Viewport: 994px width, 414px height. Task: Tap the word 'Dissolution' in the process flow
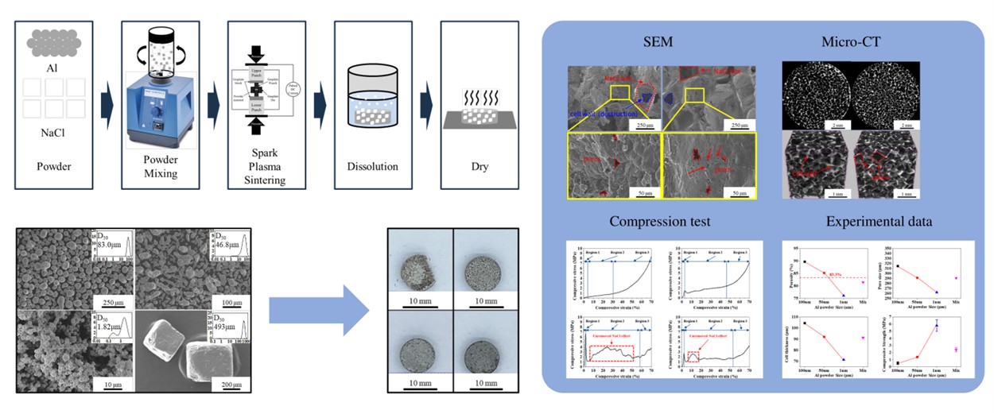pos(372,167)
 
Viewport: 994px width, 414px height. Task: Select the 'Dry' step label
pos(480,167)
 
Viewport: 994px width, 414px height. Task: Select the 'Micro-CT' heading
pos(853,43)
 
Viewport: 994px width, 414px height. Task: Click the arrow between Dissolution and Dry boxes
pos(426,103)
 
